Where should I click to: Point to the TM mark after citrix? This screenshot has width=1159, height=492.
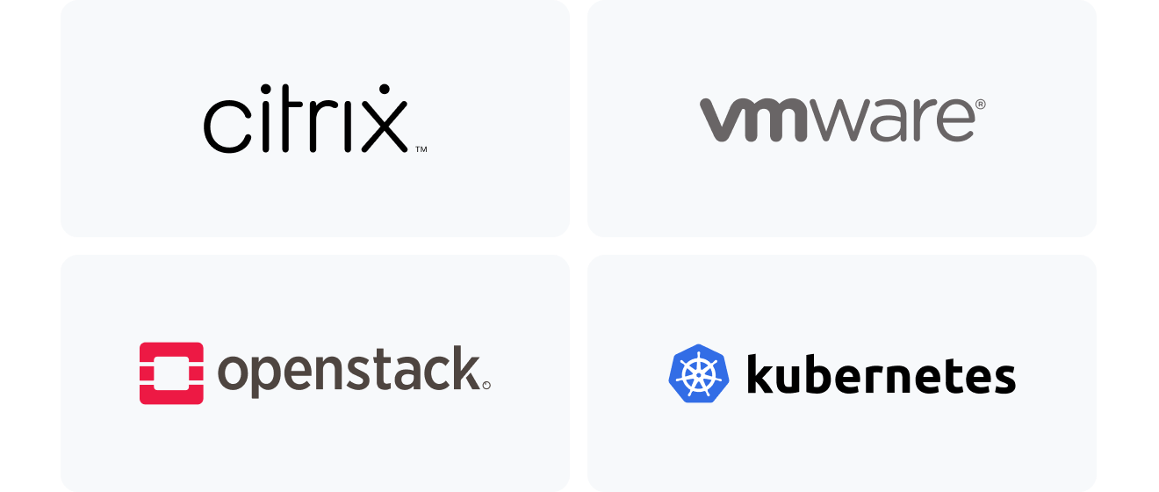(421, 150)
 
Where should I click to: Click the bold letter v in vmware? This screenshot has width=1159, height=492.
(723, 120)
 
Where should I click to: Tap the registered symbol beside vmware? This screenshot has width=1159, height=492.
(980, 104)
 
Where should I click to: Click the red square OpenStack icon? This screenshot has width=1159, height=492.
(171, 373)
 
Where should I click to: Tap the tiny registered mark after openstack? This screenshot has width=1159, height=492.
(486, 385)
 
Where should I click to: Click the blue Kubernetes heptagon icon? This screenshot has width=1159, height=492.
(699, 373)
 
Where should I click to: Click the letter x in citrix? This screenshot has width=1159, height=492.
(383, 127)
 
